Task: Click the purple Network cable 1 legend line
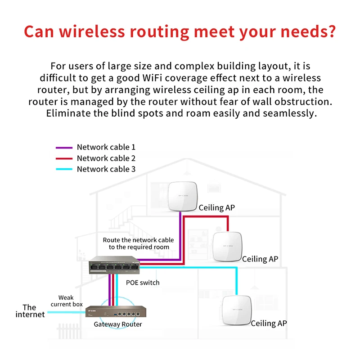click(x=63, y=147)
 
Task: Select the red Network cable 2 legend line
click(x=63, y=158)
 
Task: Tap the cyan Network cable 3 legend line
click(x=63, y=169)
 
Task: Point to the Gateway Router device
click(x=119, y=311)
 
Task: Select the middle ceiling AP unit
click(x=228, y=246)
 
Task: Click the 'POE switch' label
click(x=143, y=283)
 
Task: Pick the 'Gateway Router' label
click(x=118, y=324)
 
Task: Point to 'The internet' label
click(x=30, y=311)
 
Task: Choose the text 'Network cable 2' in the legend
click(x=106, y=158)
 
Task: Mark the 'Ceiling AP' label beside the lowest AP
click(x=269, y=323)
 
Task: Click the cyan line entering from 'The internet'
click(x=67, y=312)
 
